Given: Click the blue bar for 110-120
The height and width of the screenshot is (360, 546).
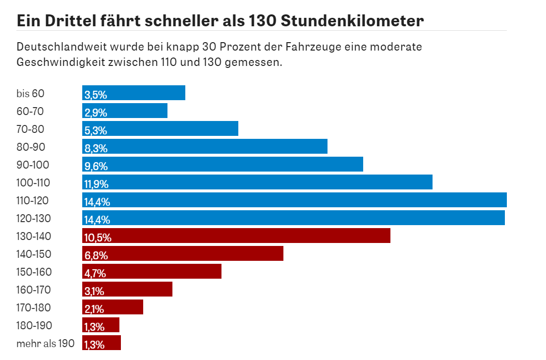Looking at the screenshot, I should coord(294,200).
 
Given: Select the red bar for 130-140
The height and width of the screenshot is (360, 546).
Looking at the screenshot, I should coord(236,236).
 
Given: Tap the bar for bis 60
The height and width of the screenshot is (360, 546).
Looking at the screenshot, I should coord(134,93).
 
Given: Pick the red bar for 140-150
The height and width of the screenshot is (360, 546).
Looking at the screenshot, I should coord(183,253).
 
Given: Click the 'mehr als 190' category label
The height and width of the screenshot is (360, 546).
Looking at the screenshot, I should coord(45,343).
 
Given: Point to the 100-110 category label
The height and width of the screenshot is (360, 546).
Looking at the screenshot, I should coord(33,182).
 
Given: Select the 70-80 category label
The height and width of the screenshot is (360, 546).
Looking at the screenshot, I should coord(30,129).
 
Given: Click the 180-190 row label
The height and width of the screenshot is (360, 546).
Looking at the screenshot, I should coord(34,325).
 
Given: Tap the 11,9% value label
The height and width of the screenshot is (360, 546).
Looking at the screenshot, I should coord(96,184).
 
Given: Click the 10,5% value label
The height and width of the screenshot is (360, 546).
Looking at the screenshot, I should coord(98,238).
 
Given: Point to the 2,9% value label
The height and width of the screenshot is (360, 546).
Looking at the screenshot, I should coord(96,113).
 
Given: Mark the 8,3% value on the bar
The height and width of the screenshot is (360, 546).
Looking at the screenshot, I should coord(96,148).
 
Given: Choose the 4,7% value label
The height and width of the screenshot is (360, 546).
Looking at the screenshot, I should coord(95,273).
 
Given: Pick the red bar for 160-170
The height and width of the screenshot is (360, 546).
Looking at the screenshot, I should coord(127,289).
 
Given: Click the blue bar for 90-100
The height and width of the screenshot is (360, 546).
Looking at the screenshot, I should coord(222,164).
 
